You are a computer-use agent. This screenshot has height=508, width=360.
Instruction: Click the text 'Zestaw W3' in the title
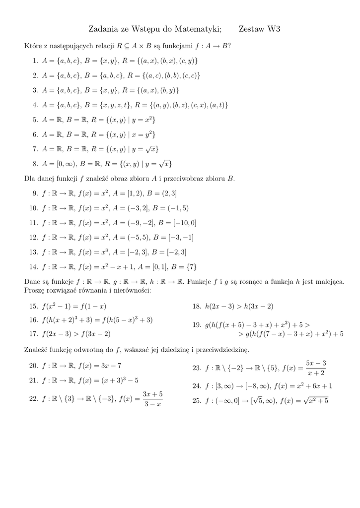pos(259,29)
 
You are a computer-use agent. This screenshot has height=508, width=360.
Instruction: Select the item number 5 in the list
pos(35,120)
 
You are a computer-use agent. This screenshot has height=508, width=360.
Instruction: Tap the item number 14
pos(34,266)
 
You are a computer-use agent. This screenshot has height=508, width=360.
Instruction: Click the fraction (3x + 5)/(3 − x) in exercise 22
pos(152,399)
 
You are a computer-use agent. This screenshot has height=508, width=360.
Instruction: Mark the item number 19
pos(197,324)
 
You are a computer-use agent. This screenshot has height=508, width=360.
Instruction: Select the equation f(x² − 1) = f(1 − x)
pos(74,306)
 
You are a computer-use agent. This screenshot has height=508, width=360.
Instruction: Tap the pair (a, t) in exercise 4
pos(218,105)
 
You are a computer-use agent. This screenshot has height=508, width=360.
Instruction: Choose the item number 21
pos(34,381)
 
